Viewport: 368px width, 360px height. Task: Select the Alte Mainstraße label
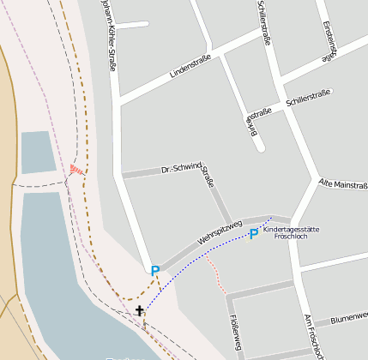click(x=342, y=184)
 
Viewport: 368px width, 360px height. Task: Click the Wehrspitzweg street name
click(x=220, y=233)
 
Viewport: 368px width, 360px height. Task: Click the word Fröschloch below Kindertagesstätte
click(x=292, y=237)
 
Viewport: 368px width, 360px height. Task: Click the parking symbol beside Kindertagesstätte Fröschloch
click(x=254, y=234)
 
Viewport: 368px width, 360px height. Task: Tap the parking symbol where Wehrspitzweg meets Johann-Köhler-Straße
click(x=155, y=271)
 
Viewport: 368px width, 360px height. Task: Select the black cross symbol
click(x=140, y=310)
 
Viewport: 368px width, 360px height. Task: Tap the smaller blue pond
click(x=37, y=153)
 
